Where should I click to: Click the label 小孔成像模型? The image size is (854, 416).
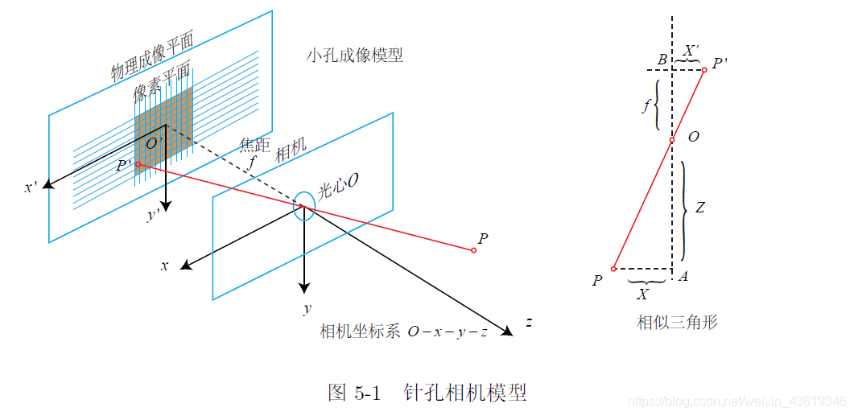click(354, 56)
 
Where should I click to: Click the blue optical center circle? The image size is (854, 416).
click(303, 205)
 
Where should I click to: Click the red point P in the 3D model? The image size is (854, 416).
click(473, 250)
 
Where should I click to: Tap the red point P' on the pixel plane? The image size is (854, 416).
click(138, 165)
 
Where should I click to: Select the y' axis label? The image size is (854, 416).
click(152, 216)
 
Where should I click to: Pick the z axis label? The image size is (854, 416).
click(529, 323)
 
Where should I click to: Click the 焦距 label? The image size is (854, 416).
click(254, 144)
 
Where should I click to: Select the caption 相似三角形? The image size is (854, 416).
click(677, 323)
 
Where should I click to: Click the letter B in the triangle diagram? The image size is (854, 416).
click(662, 59)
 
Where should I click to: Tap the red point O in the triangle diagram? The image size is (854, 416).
click(672, 140)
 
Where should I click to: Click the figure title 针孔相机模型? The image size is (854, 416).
click(481, 393)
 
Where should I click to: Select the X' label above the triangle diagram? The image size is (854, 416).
click(691, 48)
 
